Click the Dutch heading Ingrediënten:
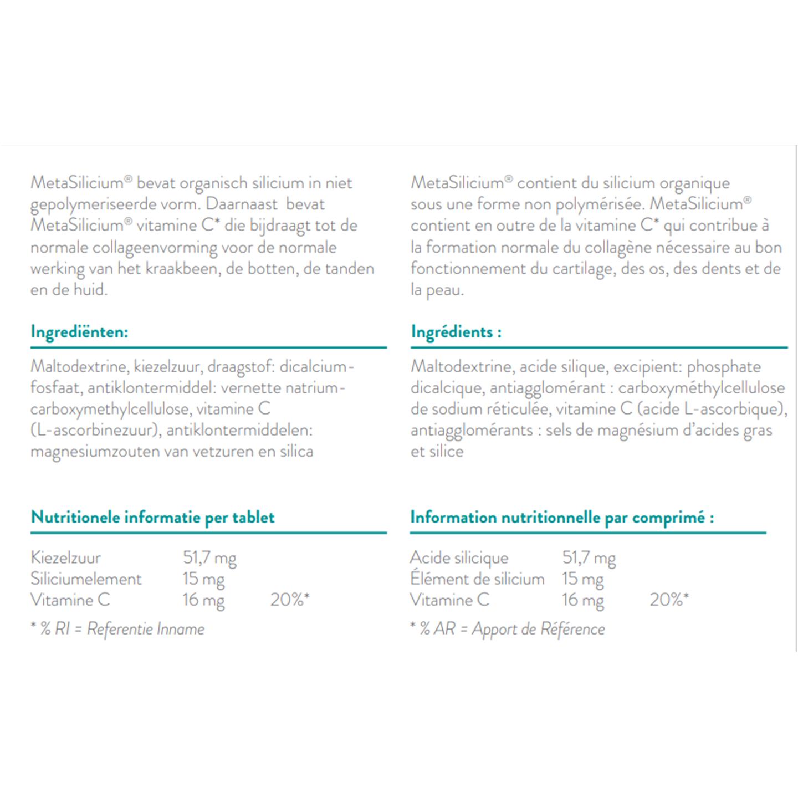pos(79,332)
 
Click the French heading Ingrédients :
pos(456,332)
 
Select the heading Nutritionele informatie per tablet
pos(152,518)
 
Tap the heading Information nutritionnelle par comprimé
pos(561,518)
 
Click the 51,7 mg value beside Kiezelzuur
pos(209,557)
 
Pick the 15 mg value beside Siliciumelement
pos(203,579)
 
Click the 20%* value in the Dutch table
pos(289,600)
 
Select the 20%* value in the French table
pos(669,600)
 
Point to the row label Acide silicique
pos(459,557)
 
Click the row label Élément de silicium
pos(477,579)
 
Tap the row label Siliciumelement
pos(86,579)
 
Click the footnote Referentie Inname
pos(146,629)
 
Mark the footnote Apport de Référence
pos(538,629)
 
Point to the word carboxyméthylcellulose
pos(702,388)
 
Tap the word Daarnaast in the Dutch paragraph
pos(242,204)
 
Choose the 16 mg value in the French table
pos(582,600)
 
